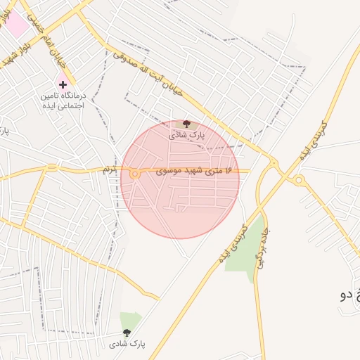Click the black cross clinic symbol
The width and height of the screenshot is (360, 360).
tap(63, 84)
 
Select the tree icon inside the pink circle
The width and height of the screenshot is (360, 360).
tap(186, 124)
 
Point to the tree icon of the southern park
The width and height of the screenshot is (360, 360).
tap(127, 333)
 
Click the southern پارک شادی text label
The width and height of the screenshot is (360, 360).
tap(127, 344)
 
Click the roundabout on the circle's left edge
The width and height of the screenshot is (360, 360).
tap(134, 174)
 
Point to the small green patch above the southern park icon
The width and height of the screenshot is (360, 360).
tap(129, 320)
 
